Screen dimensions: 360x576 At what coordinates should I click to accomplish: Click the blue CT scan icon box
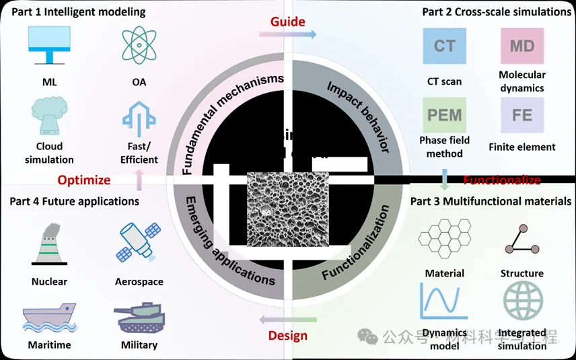pyautogui.click(x=444, y=47)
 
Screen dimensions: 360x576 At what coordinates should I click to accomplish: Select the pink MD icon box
pyautogui.click(x=521, y=46)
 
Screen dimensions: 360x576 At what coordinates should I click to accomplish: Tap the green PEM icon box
pyautogui.click(x=444, y=114)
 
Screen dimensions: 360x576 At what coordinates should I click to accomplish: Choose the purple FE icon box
pyautogui.click(x=521, y=114)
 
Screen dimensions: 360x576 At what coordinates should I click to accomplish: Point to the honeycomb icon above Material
pyautogui.click(x=444, y=240)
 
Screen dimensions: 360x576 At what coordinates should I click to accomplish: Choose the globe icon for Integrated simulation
pyautogui.click(x=522, y=301)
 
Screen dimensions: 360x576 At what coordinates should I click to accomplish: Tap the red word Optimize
pyautogui.click(x=83, y=180)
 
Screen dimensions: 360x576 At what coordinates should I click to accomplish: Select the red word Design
pyautogui.click(x=287, y=335)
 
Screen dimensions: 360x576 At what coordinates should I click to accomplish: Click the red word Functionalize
pyautogui.click(x=502, y=180)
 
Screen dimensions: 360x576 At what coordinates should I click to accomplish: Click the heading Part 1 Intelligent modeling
pyautogui.click(x=77, y=11)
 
